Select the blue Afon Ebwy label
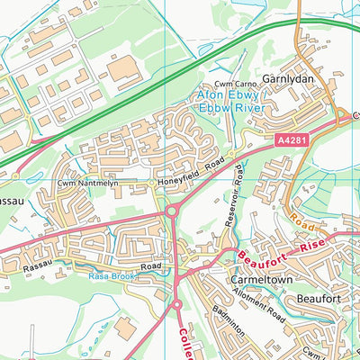point(228,94)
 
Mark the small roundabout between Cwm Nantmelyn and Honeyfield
point(149,183)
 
